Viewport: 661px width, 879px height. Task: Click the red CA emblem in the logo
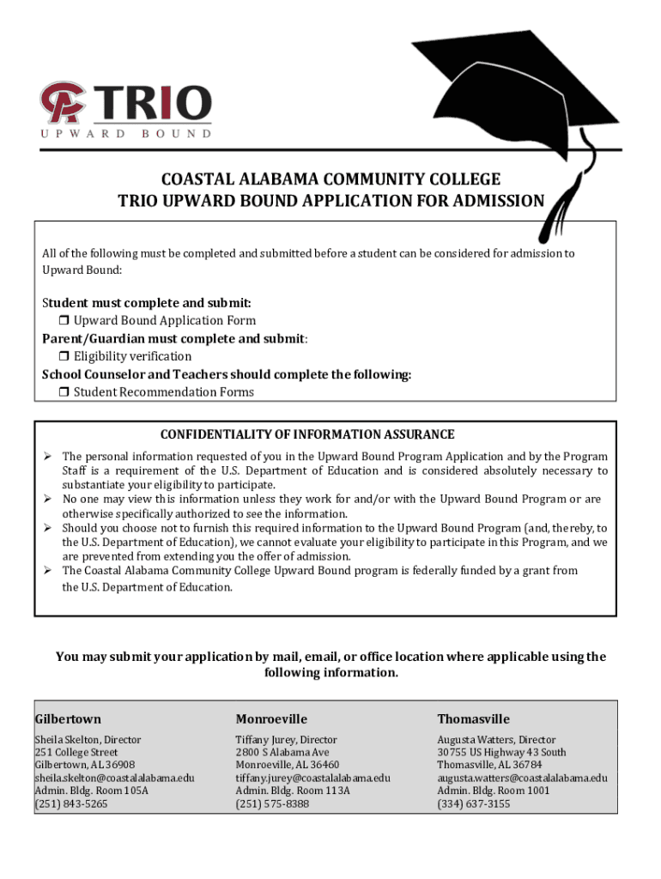pyautogui.click(x=61, y=102)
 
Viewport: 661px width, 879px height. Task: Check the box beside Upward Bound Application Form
pyautogui.click(x=64, y=321)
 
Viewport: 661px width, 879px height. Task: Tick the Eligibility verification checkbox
pyautogui.click(x=64, y=356)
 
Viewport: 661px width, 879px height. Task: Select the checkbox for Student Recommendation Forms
pyautogui.click(x=64, y=392)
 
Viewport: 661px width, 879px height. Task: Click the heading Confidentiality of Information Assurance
pyautogui.click(x=307, y=435)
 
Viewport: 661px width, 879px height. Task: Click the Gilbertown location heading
pyautogui.click(x=68, y=719)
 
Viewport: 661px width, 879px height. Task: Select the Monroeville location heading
pyautogui.click(x=271, y=719)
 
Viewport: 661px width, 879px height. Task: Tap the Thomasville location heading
pyautogui.click(x=473, y=719)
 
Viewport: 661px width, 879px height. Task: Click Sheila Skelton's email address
pyautogui.click(x=114, y=778)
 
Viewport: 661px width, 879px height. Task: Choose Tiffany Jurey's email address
pyautogui.click(x=312, y=778)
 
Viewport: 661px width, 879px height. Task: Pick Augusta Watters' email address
pyautogui.click(x=522, y=778)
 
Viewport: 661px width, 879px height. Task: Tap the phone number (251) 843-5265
pyautogui.click(x=71, y=804)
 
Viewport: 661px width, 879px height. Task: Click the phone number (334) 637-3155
pyautogui.click(x=473, y=804)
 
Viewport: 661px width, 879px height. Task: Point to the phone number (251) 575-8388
pyautogui.click(x=272, y=804)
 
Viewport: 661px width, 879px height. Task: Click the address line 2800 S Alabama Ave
pyautogui.click(x=282, y=752)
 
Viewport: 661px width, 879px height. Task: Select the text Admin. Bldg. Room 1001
pyautogui.click(x=494, y=791)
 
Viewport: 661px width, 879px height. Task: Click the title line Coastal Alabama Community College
pyautogui.click(x=330, y=179)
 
